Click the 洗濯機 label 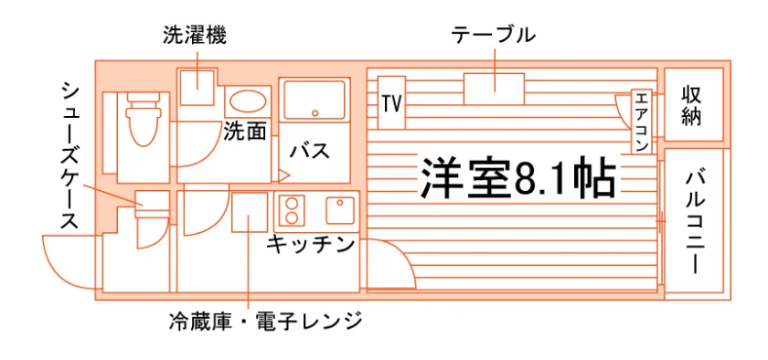point(195,37)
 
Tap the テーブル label point(493,36)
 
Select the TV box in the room point(392,102)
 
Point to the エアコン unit point(641,122)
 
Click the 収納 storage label point(693,105)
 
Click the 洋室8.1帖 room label point(517,178)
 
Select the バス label point(310,152)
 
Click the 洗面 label point(245,131)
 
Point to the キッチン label point(311,244)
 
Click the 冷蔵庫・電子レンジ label point(265,322)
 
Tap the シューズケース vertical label point(70,155)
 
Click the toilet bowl point(143,120)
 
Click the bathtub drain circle point(315,113)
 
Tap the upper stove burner point(292,203)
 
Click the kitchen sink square point(340,209)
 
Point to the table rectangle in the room point(495,89)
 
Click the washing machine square point(197,88)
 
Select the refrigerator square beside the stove point(250,212)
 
